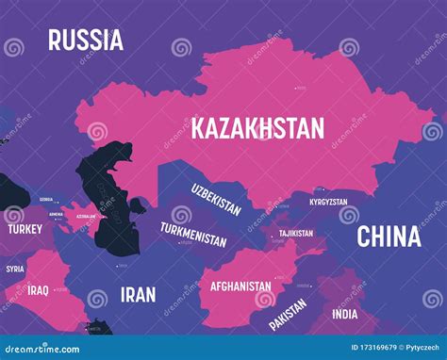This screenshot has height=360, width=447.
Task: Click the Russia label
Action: [x=86, y=40]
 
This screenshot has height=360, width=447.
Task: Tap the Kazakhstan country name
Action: [x=257, y=128]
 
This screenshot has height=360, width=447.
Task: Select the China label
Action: [x=389, y=237]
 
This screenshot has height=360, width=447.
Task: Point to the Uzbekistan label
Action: [x=216, y=197]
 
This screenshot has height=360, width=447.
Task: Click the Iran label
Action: [x=138, y=294]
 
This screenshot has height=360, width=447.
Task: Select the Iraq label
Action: [x=38, y=289]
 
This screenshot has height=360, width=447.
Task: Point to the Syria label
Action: [x=15, y=269]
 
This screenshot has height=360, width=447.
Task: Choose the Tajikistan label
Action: [x=295, y=232]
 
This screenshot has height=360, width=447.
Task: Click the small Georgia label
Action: [x=46, y=200]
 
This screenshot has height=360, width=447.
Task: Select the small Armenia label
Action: [x=56, y=214]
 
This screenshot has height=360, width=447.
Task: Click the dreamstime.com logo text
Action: [x=46, y=348]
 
